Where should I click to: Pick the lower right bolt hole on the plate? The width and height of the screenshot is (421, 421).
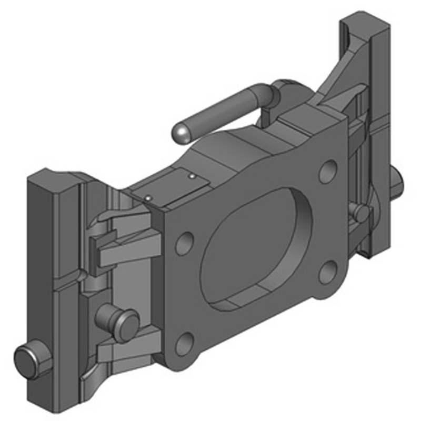327,271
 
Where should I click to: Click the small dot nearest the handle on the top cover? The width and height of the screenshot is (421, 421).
193,176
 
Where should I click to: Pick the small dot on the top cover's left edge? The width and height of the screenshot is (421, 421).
149,198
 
